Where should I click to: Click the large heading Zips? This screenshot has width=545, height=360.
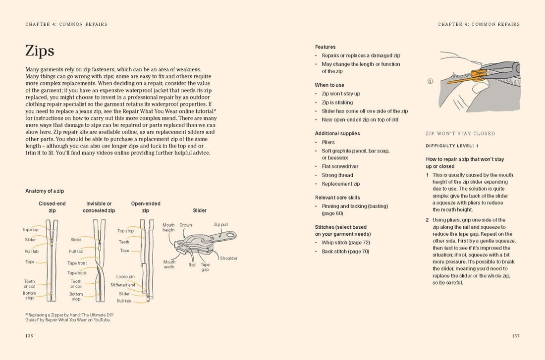[40, 51]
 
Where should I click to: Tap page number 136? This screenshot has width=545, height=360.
[29, 336]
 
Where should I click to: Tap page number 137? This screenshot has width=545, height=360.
[516, 336]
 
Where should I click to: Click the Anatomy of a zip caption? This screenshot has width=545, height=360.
[45, 191]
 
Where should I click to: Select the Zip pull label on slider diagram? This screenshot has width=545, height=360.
[220, 224]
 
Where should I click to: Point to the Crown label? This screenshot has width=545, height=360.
[186, 225]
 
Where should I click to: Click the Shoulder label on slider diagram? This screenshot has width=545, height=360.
[228, 258]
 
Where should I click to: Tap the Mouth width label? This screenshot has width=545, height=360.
[169, 264]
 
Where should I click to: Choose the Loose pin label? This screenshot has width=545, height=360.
[125, 277]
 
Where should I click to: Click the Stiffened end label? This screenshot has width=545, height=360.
[123, 285]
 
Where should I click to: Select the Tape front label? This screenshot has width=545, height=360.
[77, 263]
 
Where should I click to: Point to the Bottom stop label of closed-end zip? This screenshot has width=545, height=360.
[29, 295]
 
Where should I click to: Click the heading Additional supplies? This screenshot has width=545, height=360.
[337, 133]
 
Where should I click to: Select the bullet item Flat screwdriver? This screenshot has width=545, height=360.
[340, 166]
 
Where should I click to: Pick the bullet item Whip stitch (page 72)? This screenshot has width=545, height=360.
[346, 243]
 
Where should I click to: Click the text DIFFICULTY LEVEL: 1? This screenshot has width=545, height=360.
[452, 146]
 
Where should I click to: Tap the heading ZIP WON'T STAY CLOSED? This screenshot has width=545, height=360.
[460, 134]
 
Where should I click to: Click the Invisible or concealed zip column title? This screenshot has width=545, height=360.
[99, 206]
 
